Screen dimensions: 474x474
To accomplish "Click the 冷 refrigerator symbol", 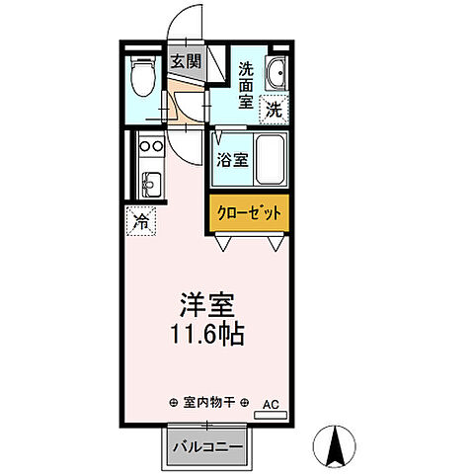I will click(140, 222).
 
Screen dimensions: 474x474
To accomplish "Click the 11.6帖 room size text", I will click(205, 332).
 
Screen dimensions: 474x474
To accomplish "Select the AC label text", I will click(271, 403).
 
